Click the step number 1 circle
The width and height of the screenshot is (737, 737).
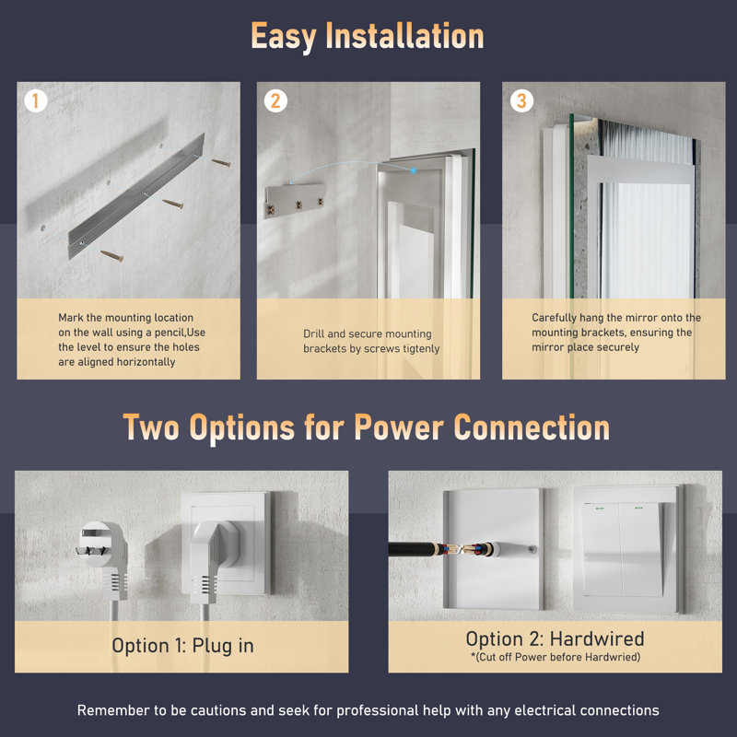(36, 100)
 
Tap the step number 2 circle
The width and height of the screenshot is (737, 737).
(275, 100)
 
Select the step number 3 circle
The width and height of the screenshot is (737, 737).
(521, 100)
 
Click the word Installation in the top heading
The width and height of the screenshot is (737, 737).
(404, 37)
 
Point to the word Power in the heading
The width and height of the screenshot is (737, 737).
(399, 427)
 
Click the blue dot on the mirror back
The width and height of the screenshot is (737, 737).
(413, 170)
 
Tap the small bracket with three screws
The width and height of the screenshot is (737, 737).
(295, 201)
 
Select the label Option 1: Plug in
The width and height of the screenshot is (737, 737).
(182, 646)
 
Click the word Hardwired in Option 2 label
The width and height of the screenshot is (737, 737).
(597, 639)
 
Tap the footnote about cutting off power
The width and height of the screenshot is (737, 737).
(556, 657)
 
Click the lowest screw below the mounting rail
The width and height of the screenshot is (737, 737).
(111, 256)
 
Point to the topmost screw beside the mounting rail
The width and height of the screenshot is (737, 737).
(220, 163)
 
